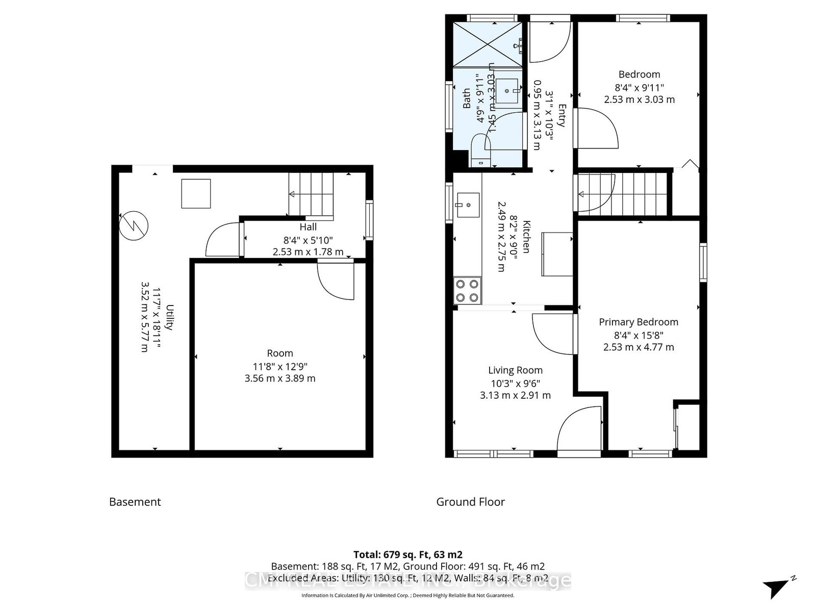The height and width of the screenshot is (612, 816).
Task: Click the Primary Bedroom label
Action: tap(638, 322)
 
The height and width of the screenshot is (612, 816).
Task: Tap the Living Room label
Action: tap(515, 370)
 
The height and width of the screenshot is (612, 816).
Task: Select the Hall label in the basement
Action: tap(308, 227)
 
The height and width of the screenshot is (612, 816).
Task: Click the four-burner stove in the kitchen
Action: tap(467, 291)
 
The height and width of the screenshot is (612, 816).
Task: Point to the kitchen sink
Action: tap(468, 205)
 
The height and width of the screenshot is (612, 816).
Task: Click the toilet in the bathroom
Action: tap(480, 150)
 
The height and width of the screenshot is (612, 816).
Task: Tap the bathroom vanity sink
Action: tap(507, 91)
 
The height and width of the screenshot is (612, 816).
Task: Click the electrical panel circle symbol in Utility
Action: tap(134, 225)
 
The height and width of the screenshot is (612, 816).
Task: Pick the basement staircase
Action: tap(311, 195)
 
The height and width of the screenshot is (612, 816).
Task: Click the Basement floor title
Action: tap(135, 502)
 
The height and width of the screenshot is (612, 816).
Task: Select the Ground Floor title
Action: tap(470, 502)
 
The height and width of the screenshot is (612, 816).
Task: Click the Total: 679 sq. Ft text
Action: tap(407, 554)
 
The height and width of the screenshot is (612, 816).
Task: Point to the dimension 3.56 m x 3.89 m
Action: tap(280, 378)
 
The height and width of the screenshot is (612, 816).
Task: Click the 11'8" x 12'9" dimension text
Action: tap(280, 367)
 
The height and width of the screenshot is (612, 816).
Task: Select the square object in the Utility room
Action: tap(196, 193)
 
